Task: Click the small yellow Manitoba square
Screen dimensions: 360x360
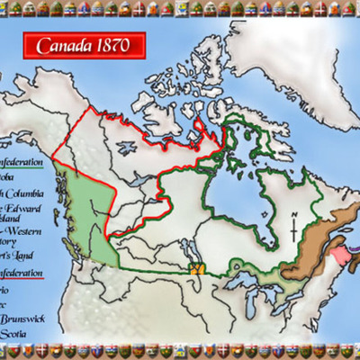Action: [196, 267]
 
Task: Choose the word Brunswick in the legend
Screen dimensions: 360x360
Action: [23, 318]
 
